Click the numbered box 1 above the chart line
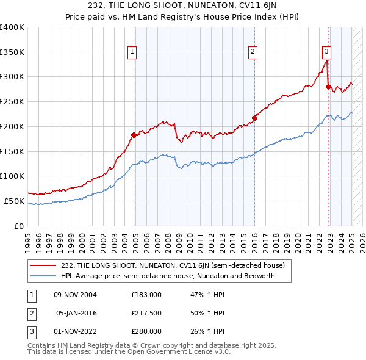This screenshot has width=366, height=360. pos(132,52)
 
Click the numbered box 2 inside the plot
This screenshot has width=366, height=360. pos(253,52)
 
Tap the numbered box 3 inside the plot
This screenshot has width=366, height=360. pos(327,52)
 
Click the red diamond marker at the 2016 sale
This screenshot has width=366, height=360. pos(254,118)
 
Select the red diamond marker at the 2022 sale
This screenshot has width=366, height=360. pos(328,87)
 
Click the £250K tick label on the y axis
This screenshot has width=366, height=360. pos(12,101)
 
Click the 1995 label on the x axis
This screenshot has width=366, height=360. pos(28,238)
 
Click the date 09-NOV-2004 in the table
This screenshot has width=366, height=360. pos(75,295)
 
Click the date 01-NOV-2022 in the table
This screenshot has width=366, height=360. pos(75,331)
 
